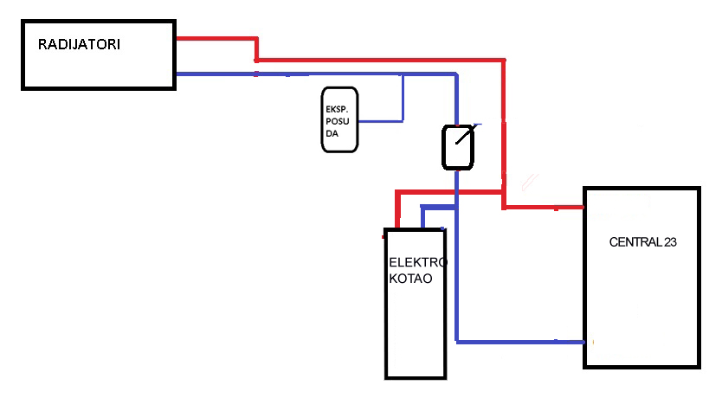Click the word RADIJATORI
tap(79, 43)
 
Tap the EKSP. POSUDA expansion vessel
tap(339, 119)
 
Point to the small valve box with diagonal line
tap(458, 146)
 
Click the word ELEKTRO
tap(418, 262)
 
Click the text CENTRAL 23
tap(642, 242)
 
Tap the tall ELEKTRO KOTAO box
tap(416, 329)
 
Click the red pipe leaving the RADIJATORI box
tap(216, 38)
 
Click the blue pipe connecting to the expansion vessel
tap(381, 120)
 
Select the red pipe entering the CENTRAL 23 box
tap(545, 208)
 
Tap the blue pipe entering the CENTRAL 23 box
tap(519, 341)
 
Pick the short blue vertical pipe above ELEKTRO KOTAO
tap(422, 217)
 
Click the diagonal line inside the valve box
tap(462, 138)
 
